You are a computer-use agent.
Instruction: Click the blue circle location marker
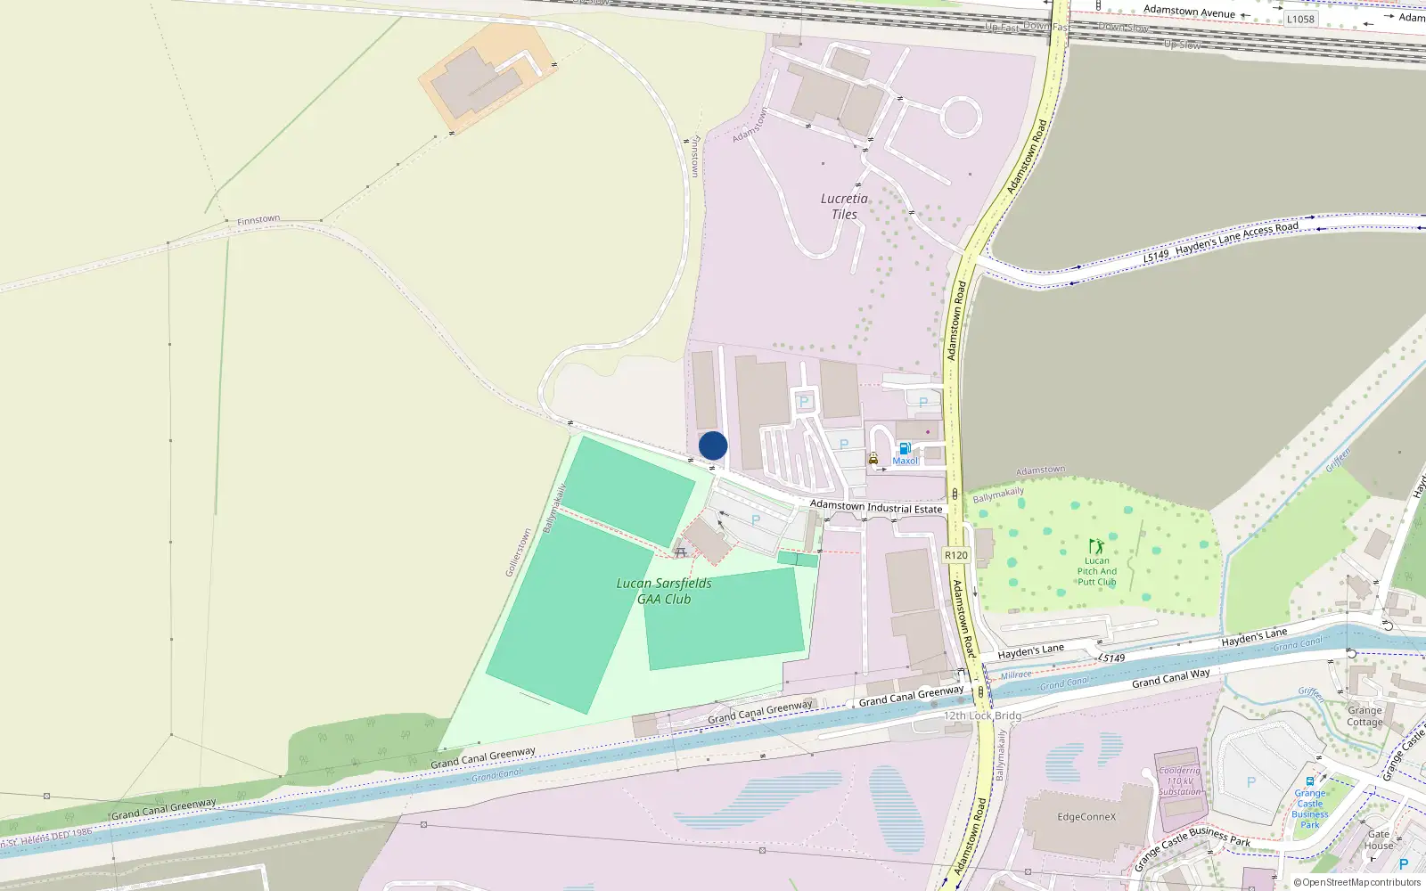pos(713,445)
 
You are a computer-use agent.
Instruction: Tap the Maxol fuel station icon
pos(905,448)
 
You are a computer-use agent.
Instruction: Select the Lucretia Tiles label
pos(844,207)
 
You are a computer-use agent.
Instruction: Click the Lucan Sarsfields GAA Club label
pos(664,591)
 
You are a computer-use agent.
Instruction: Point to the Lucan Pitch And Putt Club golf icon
pos(1096,546)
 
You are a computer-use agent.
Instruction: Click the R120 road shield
pos(955,555)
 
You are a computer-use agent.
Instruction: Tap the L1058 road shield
pos(1300,19)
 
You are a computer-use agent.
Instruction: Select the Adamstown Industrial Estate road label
pos(876,508)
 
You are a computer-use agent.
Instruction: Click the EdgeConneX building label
pos(1086,817)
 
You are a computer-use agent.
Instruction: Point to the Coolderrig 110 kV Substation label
pos(1180,781)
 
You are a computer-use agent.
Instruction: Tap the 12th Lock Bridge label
pos(982,715)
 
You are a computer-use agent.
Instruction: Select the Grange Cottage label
pos(1365,716)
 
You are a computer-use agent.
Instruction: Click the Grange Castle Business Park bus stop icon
pos(1309,781)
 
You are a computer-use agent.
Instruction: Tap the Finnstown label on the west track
pos(258,219)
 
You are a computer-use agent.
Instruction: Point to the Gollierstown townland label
pos(518,552)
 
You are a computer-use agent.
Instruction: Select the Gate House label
pos(1379,840)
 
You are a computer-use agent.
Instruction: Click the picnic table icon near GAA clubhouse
pos(681,552)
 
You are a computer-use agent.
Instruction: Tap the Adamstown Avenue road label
pos(1189,12)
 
